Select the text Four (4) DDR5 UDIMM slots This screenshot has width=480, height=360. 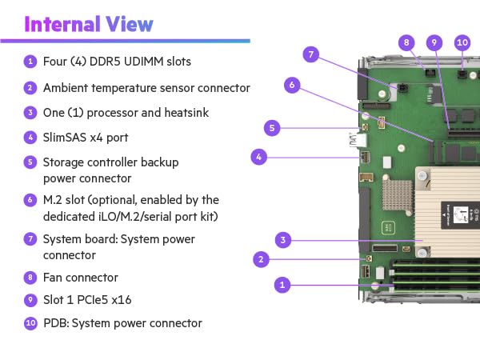(x=117, y=62)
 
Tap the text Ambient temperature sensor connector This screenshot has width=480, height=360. (x=146, y=88)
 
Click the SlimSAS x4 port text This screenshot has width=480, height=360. (x=86, y=137)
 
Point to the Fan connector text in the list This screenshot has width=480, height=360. (x=80, y=278)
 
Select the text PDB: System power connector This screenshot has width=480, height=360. (x=122, y=323)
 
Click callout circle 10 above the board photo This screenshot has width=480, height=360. (x=462, y=42)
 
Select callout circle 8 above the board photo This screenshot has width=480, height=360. (x=406, y=42)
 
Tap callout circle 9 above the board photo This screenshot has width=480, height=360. (x=434, y=42)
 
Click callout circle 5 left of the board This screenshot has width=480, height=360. (x=272, y=127)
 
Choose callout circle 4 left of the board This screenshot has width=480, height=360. (x=258, y=157)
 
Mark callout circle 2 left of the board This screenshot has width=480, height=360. (x=260, y=258)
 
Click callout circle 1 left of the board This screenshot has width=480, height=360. (x=280, y=283)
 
